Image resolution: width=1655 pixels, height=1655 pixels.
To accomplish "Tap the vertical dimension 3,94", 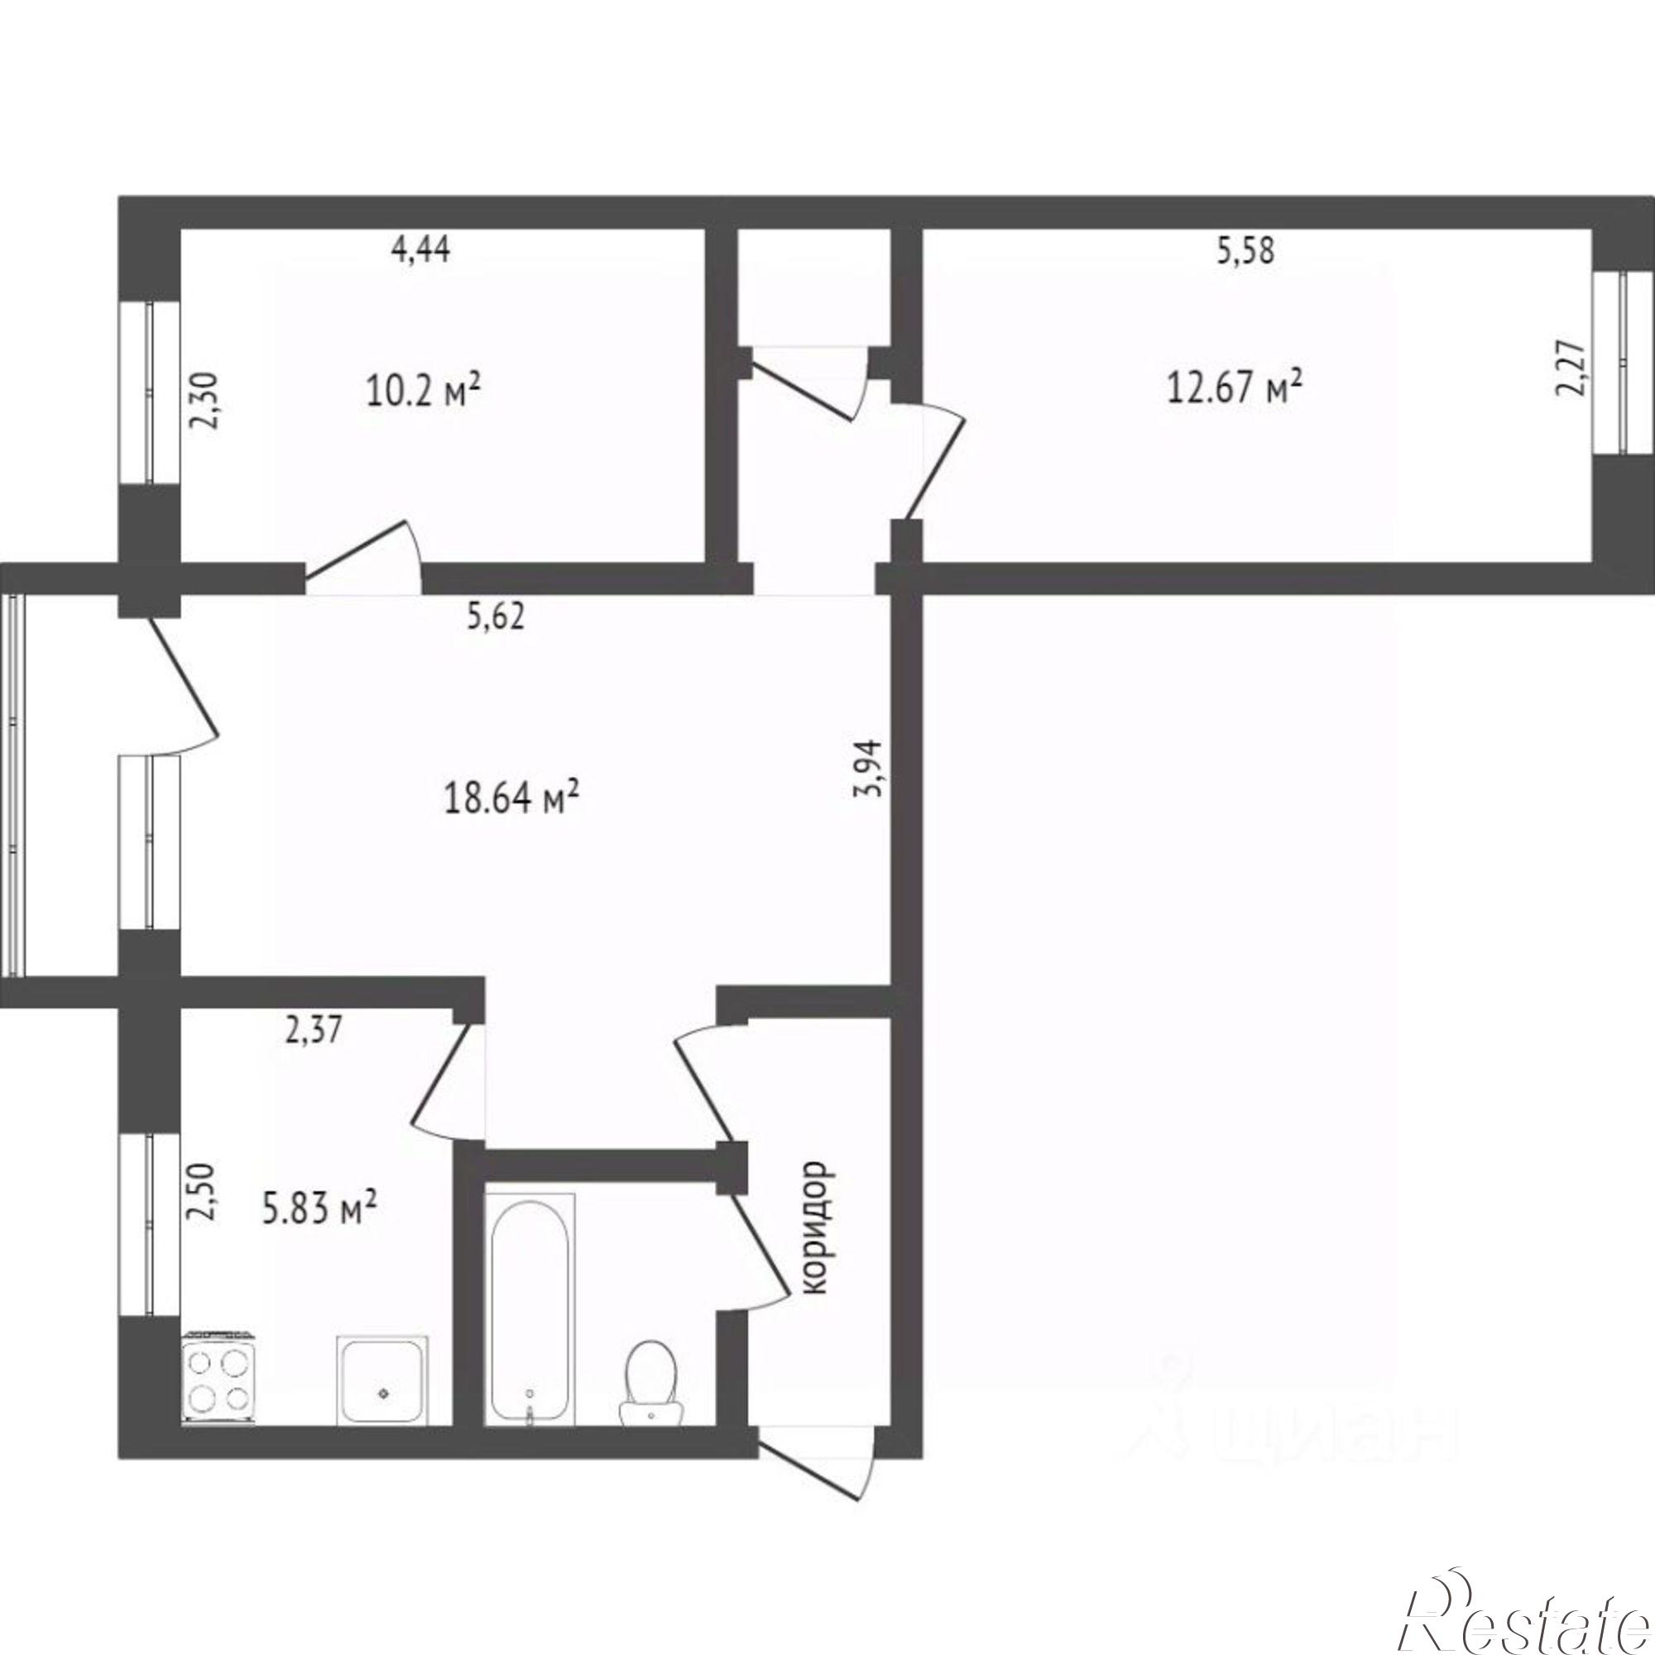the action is pos(868,768).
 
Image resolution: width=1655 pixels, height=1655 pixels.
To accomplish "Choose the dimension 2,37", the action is pos(312,1029).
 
